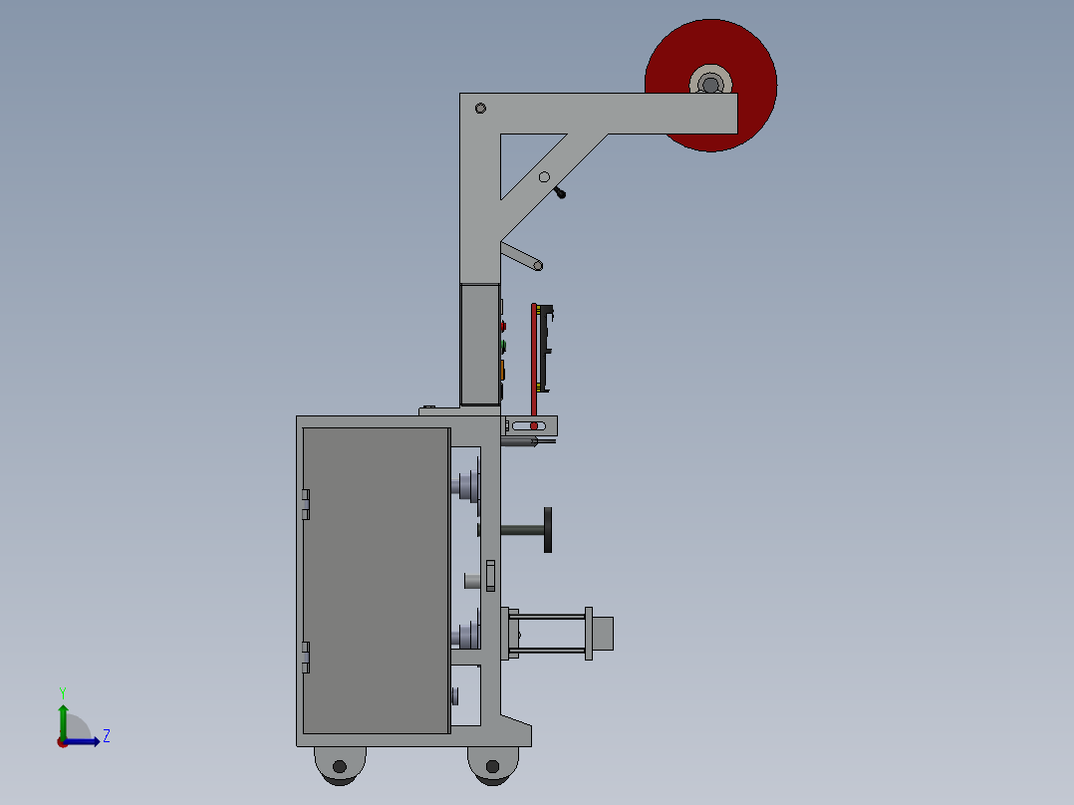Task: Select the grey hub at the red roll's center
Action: click(709, 83)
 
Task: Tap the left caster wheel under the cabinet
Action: click(340, 765)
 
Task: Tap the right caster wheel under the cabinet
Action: click(492, 765)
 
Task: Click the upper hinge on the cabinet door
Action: click(306, 504)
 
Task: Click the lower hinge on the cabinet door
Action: click(306, 658)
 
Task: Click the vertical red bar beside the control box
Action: click(534, 359)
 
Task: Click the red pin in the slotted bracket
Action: click(534, 426)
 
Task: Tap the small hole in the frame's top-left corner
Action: click(480, 108)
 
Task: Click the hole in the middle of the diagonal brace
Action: click(544, 177)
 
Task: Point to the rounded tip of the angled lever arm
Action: click(538, 265)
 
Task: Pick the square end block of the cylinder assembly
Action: click(603, 634)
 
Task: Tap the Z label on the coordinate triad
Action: click(106, 736)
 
